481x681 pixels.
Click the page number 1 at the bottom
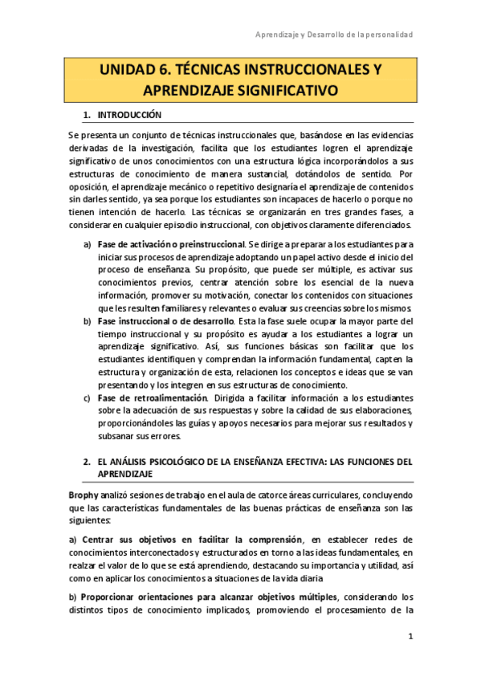click(x=410, y=637)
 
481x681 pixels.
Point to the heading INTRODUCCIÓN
click(x=131, y=115)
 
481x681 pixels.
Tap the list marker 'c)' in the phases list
click(x=88, y=398)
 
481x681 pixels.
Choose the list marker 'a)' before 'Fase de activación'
click(x=88, y=244)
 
